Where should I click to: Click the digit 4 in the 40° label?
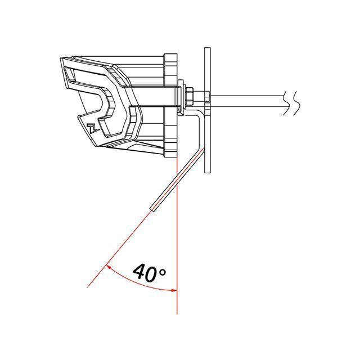(140, 273)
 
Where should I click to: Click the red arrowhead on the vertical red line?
(174, 290)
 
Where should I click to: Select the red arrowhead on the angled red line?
(109, 267)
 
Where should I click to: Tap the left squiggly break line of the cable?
(286, 103)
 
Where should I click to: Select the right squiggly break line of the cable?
(296, 103)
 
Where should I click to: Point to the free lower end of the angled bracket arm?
(152, 209)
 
